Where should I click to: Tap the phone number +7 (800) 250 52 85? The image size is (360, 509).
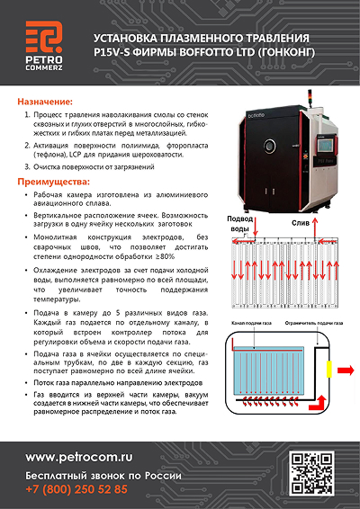76,489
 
